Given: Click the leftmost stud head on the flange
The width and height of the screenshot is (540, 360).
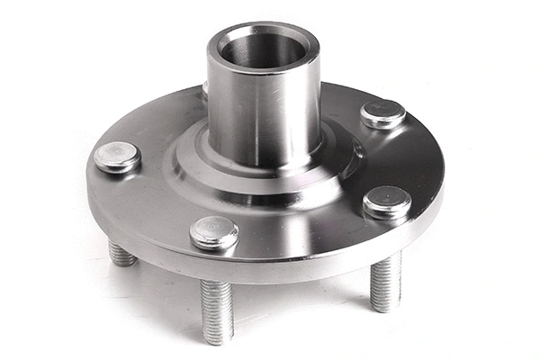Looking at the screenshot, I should pyautogui.click(x=117, y=157).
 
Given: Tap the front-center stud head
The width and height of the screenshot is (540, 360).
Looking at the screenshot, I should pyautogui.click(x=214, y=232).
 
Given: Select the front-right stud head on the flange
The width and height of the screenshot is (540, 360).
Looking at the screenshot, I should pyautogui.click(x=387, y=202).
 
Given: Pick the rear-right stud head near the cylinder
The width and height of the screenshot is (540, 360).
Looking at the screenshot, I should pyautogui.click(x=382, y=113).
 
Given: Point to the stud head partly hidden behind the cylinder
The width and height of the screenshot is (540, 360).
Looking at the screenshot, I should pyautogui.click(x=205, y=88).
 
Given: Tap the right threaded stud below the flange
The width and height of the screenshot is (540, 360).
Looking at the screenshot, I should pyautogui.click(x=385, y=281).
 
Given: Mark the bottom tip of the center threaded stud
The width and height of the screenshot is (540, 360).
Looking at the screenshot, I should pyautogui.click(x=217, y=340).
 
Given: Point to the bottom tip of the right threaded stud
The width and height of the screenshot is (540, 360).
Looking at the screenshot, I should pyautogui.click(x=385, y=309).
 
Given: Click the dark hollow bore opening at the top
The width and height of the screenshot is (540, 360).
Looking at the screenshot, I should pyautogui.click(x=262, y=49).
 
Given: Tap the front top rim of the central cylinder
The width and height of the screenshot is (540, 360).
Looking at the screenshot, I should pyautogui.click(x=262, y=70).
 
